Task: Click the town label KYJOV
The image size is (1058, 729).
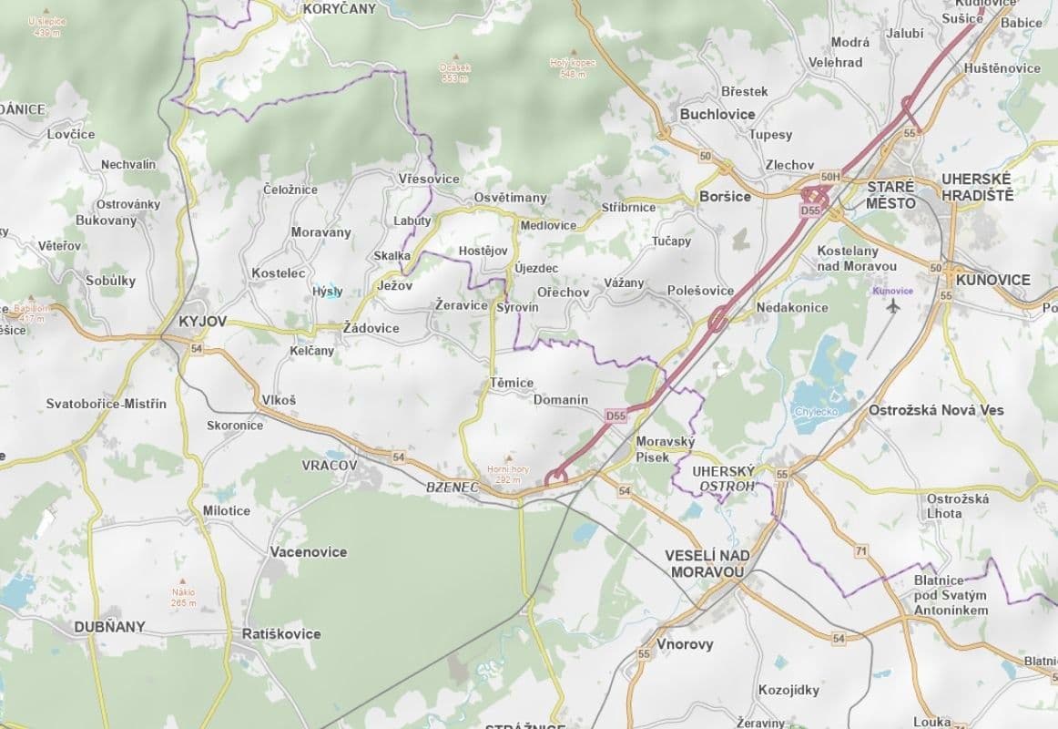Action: (x=202, y=322)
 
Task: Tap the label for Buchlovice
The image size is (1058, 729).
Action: (x=717, y=114)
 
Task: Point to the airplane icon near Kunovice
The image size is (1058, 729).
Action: (x=891, y=306)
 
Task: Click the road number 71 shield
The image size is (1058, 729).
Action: (x=860, y=551)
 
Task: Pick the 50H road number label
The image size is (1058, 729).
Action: (x=829, y=177)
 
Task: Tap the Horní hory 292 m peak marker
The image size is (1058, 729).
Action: (x=507, y=457)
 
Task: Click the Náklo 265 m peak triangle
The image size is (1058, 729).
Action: (x=183, y=580)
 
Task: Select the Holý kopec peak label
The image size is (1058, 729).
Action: (x=572, y=62)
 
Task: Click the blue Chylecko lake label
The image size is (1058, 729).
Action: (x=816, y=411)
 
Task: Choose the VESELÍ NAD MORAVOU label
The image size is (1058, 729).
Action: (x=706, y=563)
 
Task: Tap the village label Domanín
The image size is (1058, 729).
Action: (x=560, y=400)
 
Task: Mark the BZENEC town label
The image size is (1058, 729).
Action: (x=453, y=488)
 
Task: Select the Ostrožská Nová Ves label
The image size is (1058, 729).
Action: (x=936, y=410)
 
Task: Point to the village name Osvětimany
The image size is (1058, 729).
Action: (x=510, y=198)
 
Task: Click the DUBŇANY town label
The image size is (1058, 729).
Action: (x=109, y=627)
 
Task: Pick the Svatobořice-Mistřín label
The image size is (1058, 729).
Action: (x=107, y=404)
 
